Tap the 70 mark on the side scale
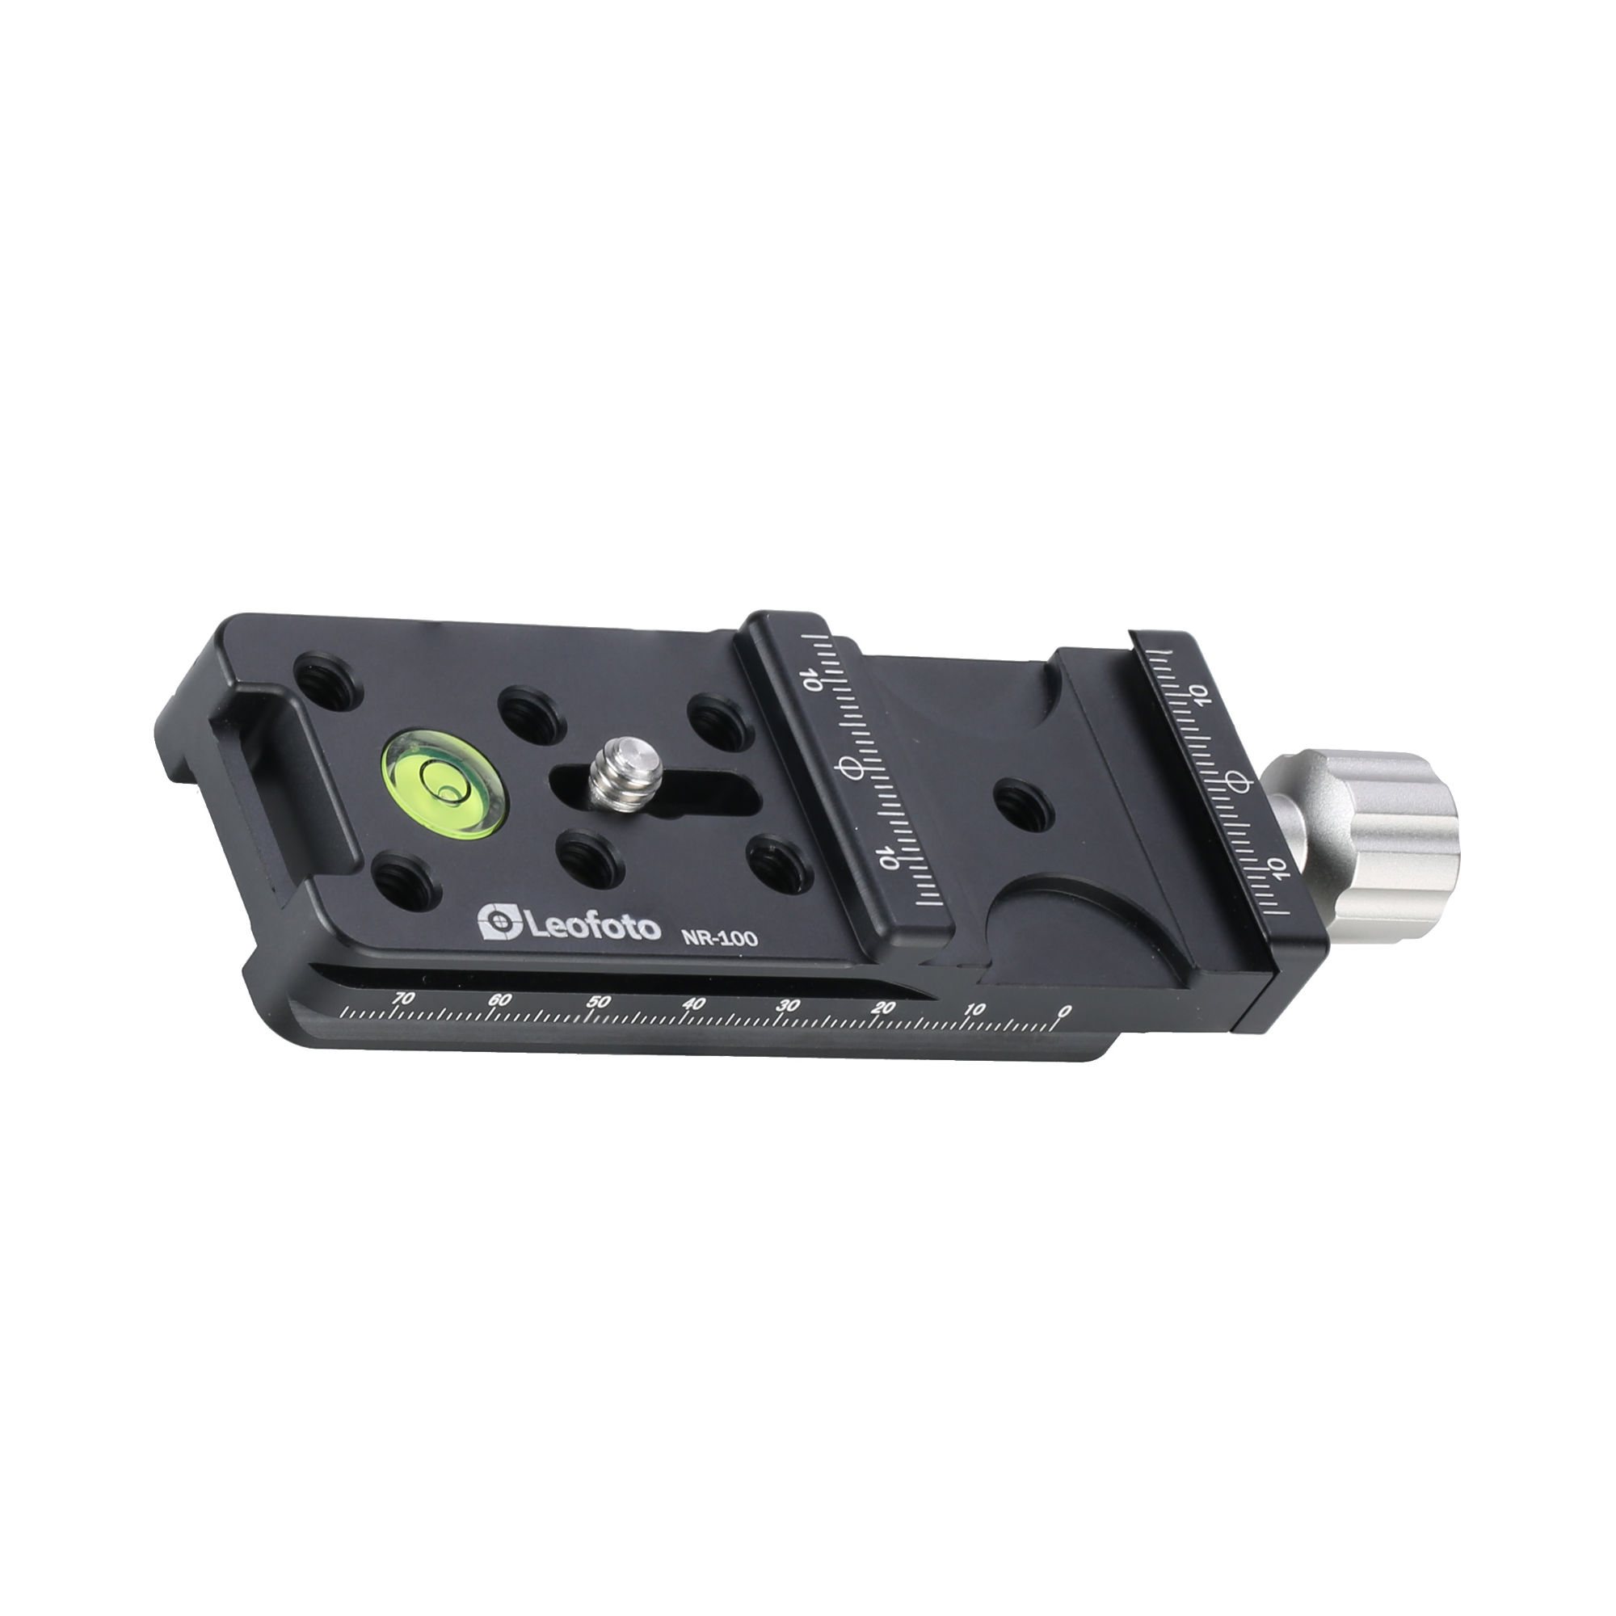pos(403,999)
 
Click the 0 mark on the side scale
pos(1063,1012)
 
